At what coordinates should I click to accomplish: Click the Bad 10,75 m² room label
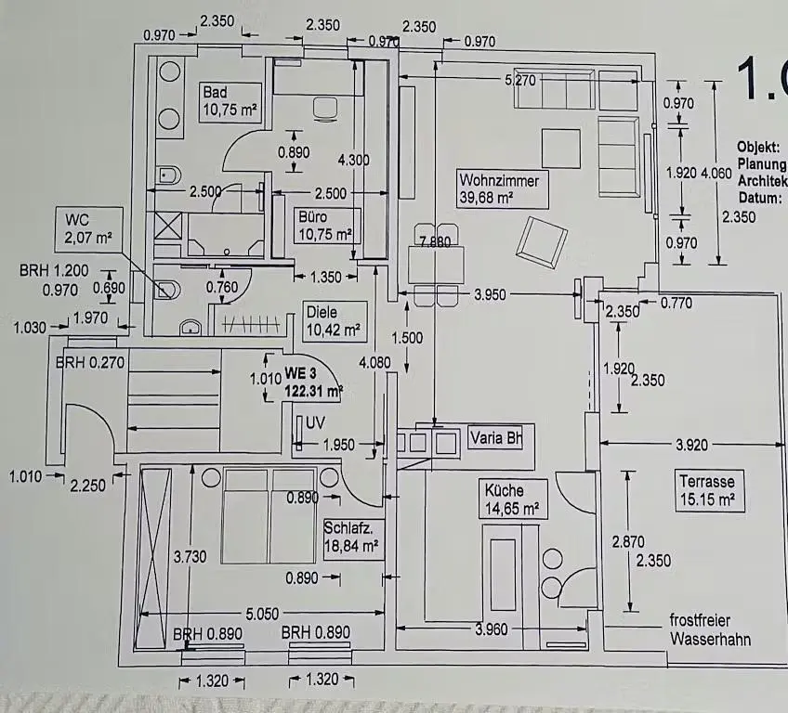coord(230,101)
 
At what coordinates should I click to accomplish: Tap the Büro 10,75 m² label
coord(324,226)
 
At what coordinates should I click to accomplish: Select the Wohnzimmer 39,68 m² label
coord(498,188)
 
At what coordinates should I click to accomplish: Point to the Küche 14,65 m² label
coord(511,499)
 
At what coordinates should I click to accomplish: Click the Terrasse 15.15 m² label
coord(707,491)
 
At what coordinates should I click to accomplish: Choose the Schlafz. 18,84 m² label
coord(351,538)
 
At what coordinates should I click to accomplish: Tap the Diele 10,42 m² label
coord(335,320)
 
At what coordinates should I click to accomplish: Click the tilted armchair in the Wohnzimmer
coord(543,241)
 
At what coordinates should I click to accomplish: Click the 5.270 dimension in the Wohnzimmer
coord(519,81)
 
